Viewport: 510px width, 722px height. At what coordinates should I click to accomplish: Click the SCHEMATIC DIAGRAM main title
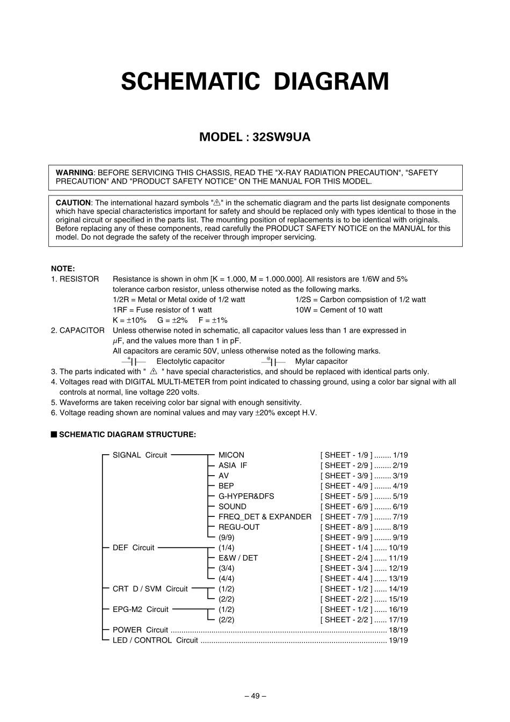(x=255, y=82)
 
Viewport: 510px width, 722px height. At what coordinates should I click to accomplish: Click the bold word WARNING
(x=74, y=173)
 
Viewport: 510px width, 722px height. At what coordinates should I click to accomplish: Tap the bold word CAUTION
(x=73, y=203)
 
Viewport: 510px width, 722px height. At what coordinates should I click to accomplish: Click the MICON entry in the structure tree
(x=231, y=455)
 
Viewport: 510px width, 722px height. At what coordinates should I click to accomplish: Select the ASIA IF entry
(x=233, y=465)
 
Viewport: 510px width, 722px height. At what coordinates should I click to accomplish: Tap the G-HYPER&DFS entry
(x=246, y=497)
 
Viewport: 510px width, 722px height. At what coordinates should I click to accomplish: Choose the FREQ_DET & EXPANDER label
(x=265, y=517)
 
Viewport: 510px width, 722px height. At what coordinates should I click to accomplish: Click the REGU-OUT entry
(x=239, y=527)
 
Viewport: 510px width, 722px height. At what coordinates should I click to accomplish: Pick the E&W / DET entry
(x=238, y=558)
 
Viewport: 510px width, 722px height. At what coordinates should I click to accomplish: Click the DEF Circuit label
(x=133, y=548)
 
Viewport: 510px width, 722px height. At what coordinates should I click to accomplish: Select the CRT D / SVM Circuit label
(x=150, y=589)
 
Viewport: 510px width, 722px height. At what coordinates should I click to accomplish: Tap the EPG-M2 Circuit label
(x=141, y=610)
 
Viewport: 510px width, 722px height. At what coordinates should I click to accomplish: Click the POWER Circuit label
(x=140, y=630)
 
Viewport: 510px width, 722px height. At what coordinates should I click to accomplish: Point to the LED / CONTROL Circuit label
(x=155, y=640)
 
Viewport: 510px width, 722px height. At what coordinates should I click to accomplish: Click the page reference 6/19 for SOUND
(x=400, y=507)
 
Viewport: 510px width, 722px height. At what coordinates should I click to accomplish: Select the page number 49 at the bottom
(x=255, y=696)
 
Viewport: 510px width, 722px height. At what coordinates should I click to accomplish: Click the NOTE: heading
(x=63, y=268)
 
